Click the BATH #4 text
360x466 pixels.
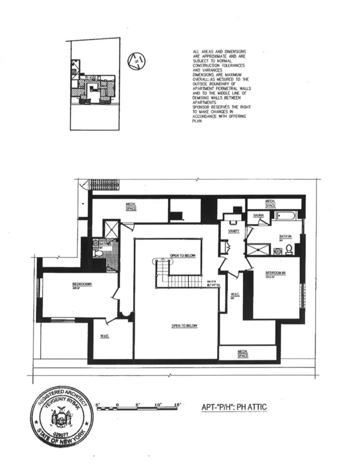pos(284,237)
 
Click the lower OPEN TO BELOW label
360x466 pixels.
pos(185,326)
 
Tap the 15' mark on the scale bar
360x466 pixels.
pos(177,405)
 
